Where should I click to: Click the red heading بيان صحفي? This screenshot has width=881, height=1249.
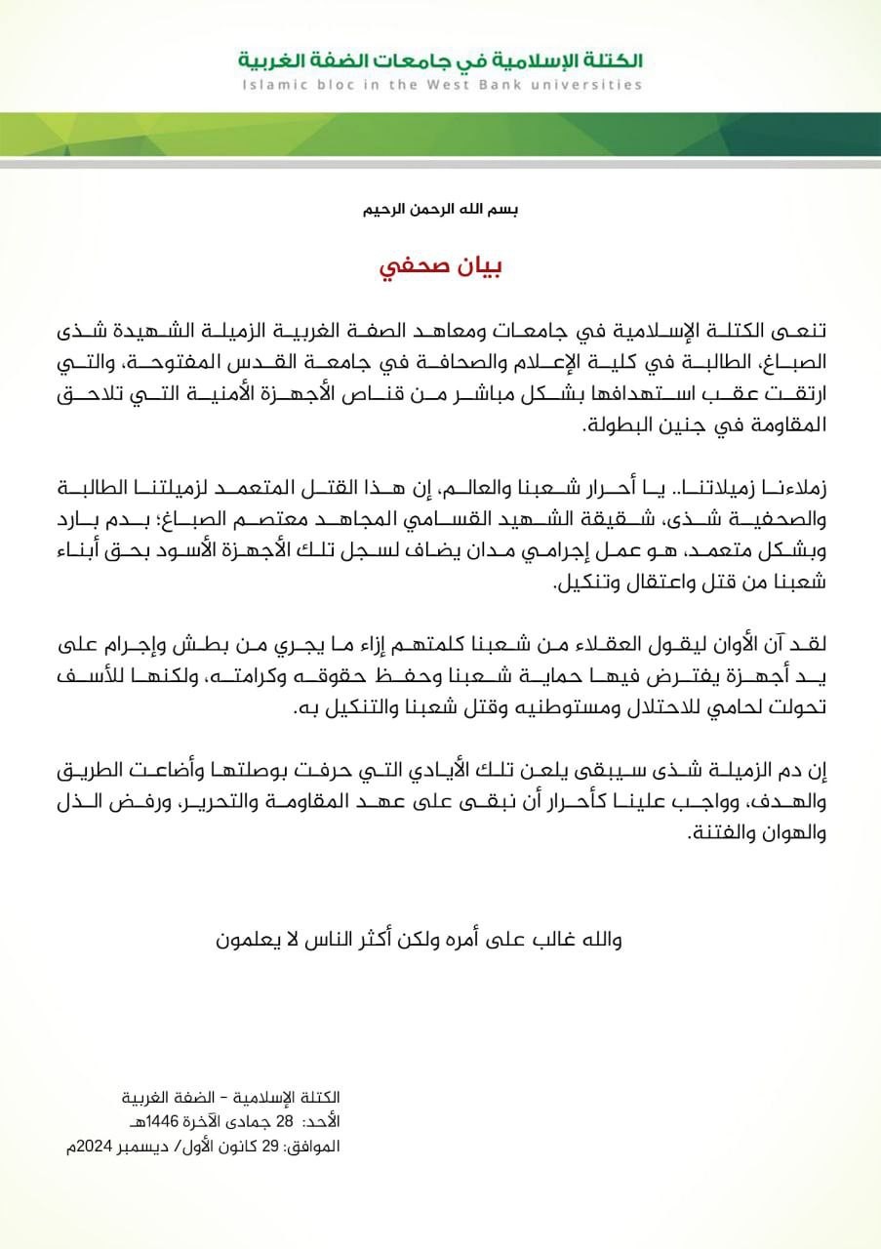(440, 268)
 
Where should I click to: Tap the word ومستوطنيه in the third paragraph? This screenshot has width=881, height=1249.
(560, 710)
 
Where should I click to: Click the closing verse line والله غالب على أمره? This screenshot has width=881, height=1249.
(419, 940)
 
